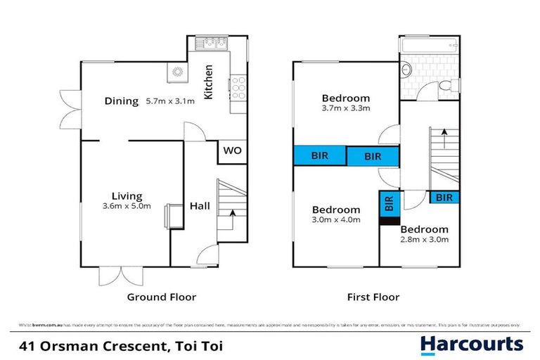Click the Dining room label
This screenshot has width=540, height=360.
pyautogui.click(x=121, y=101)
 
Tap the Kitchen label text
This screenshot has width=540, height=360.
pyautogui.click(x=209, y=82)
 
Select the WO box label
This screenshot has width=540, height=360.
pyautogui.click(x=231, y=150)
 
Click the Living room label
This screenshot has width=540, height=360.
pyautogui.click(x=127, y=196)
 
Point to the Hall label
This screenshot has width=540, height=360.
pyautogui.click(x=199, y=206)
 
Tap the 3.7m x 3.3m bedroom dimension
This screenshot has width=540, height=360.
pyautogui.click(x=346, y=108)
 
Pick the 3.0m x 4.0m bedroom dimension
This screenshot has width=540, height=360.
pyautogui.click(x=336, y=219)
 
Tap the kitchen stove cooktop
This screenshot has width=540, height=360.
pyautogui.click(x=238, y=87)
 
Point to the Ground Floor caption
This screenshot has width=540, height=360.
pyautogui.click(x=161, y=297)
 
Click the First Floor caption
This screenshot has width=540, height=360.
pyautogui.click(x=373, y=297)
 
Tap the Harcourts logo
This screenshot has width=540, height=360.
pyautogui.click(x=471, y=345)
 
